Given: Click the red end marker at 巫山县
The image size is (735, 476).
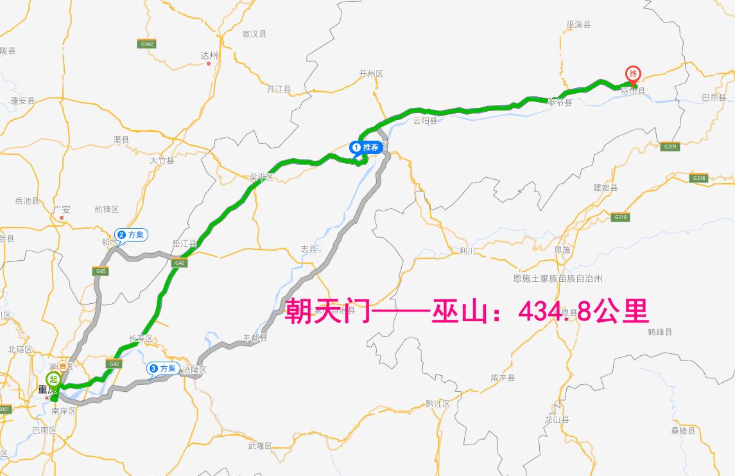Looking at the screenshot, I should click(x=634, y=75).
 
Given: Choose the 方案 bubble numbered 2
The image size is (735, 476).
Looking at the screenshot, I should click(x=132, y=235).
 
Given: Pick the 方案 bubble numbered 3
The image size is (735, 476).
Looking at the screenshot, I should click(x=163, y=368).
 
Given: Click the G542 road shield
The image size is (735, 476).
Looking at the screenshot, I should click(x=146, y=44).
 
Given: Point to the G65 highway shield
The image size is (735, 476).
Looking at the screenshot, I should click(x=101, y=272).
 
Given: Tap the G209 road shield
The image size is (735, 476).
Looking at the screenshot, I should click(x=670, y=147).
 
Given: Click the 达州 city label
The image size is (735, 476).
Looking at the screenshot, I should click(x=209, y=56).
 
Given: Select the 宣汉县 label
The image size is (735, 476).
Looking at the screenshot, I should click(x=254, y=34).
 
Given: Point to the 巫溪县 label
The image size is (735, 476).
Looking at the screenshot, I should click(x=578, y=24).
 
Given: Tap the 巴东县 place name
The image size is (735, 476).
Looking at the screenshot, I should click(x=713, y=98).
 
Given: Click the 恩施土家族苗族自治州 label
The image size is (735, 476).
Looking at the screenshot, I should click(x=558, y=279).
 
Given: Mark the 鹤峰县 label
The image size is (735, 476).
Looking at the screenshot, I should click(x=660, y=332).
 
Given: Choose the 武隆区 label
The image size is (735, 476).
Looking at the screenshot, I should click(x=260, y=445).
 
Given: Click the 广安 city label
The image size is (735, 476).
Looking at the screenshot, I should click(x=62, y=209).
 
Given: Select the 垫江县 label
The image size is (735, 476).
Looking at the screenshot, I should click(x=184, y=243).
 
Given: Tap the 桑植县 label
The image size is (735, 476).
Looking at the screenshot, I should click(x=684, y=431).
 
